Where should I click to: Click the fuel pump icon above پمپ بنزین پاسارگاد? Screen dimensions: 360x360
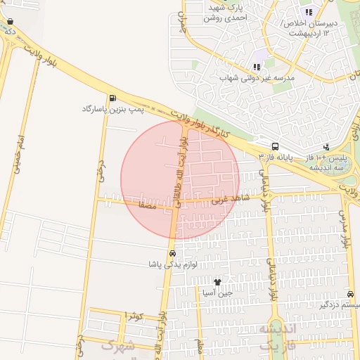click(x=112, y=98)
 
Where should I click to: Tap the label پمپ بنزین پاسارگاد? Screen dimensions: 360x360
click(x=112, y=109)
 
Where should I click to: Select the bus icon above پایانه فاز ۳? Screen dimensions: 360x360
click(x=275, y=146)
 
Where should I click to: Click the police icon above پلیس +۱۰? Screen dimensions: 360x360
click(x=326, y=147)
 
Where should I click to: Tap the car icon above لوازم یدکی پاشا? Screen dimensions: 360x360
click(x=172, y=253)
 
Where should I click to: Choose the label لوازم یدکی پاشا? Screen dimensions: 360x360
click(x=172, y=264)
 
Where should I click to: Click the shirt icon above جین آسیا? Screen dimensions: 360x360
click(x=226, y=281)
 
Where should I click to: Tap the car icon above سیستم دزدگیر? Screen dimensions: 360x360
click(x=350, y=295)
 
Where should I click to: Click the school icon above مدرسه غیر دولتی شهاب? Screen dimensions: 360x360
click(x=262, y=56)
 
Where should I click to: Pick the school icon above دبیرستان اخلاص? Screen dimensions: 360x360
click(x=308, y=12)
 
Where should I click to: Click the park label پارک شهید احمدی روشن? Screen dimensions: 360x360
click(x=226, y=12)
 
